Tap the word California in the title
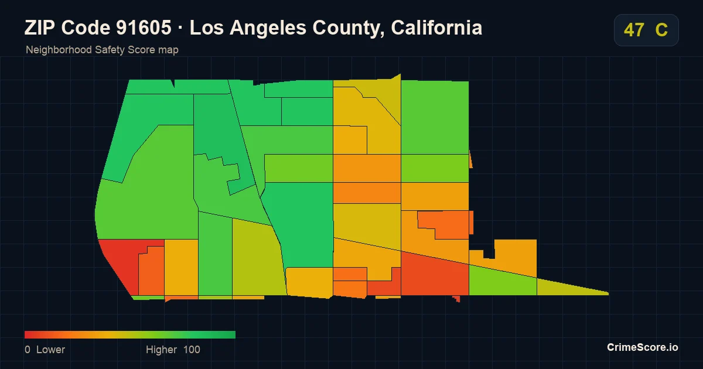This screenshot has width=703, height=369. point(436,28)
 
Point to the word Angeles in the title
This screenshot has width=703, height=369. point(268,29)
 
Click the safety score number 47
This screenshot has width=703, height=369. point(634,30)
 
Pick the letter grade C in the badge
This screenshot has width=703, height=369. point(661,30)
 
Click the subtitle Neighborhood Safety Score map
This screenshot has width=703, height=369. point(102,50)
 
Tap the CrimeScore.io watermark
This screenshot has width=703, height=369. point(643,347)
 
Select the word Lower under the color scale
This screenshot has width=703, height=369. point(50,350)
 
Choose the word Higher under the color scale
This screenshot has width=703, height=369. point(161,350)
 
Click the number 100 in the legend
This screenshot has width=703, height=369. point(192,350)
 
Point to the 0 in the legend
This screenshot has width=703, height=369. point(28,350)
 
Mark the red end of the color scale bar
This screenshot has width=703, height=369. point(25,334)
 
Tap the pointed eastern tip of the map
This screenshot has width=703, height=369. point(608,293)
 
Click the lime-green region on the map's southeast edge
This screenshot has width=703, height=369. point(503,281)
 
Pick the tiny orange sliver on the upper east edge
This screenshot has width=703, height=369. point(471,159)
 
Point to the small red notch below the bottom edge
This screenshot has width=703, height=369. point(456,298)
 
